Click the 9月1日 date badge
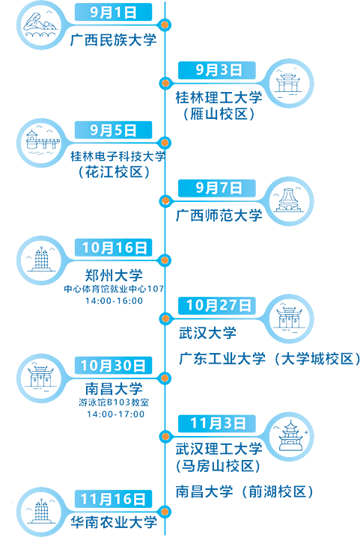click(x=113, y=12)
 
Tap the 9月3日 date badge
click(x=217, y=70)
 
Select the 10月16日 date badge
click(x=113, y=248)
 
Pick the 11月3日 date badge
click(x=217, y=423)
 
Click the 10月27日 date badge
click(x=217, y=305)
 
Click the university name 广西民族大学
click(x=114, y=40)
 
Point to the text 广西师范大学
click(x=219, y=215)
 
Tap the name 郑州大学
click(x=114, y=275)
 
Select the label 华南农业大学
click(x=114, y=522)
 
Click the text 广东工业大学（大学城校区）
click(x=269, y=359)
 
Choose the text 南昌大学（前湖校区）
click(x=245, y=492)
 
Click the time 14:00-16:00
click(x=115, y=301)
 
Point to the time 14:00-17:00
click(x=115, y=414)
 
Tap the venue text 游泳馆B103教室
click(x=114, y=402)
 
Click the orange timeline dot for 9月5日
click(x=165, y=142)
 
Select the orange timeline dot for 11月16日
click(x=165, y=512)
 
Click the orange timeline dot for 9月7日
click(x=165, y=200)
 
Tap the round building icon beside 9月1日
click(x=41, y=25)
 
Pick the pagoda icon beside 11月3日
click(x=290, y=437)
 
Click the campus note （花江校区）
click(x=115, y=172)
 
